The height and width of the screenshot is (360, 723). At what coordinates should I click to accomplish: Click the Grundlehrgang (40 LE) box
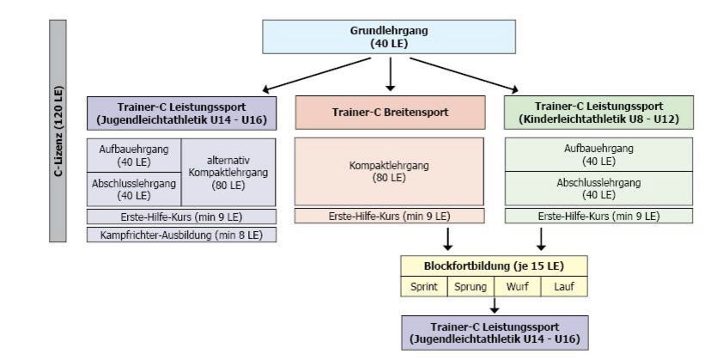click(389, 36)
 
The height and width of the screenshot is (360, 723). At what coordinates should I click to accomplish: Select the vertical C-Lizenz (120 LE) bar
click(58, 131)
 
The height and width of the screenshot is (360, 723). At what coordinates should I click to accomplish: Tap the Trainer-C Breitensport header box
click(390, 113)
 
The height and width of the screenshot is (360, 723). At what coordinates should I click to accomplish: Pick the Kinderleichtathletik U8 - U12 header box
click(598, 113)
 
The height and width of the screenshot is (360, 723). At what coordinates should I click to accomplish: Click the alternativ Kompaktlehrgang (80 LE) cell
click(228, 172)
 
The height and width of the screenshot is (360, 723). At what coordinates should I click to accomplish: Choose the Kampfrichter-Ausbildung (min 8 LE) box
click(181, 235)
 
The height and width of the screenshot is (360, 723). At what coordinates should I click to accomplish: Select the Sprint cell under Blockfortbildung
click(424, 287)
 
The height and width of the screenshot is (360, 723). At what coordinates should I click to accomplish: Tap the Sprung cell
click(471, 287)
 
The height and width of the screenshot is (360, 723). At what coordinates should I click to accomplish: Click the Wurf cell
click(518, 287)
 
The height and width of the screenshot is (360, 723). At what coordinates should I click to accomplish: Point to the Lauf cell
click(564, 287)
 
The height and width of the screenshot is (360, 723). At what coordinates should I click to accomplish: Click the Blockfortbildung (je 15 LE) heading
click(494, 265)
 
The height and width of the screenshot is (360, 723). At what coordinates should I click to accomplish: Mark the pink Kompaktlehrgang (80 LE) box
click(389, 171)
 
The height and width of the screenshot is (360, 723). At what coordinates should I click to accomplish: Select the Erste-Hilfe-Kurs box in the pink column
click(390, 216)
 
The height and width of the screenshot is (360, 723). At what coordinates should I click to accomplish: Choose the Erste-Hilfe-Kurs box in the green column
click(598, 216)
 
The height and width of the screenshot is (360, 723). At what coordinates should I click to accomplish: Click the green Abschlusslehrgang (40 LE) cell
click(598, 188)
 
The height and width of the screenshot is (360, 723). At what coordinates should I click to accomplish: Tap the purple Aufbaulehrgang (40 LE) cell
click(134, 155)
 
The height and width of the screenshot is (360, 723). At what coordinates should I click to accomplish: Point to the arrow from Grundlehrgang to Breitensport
click(390, 74)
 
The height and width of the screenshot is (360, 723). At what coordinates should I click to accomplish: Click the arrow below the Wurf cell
click(495, 306)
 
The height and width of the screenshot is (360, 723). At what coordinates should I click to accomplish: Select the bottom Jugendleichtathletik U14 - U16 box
click(495, 333)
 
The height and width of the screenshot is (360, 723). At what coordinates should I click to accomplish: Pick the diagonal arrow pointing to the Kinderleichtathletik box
click(464, 75)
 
